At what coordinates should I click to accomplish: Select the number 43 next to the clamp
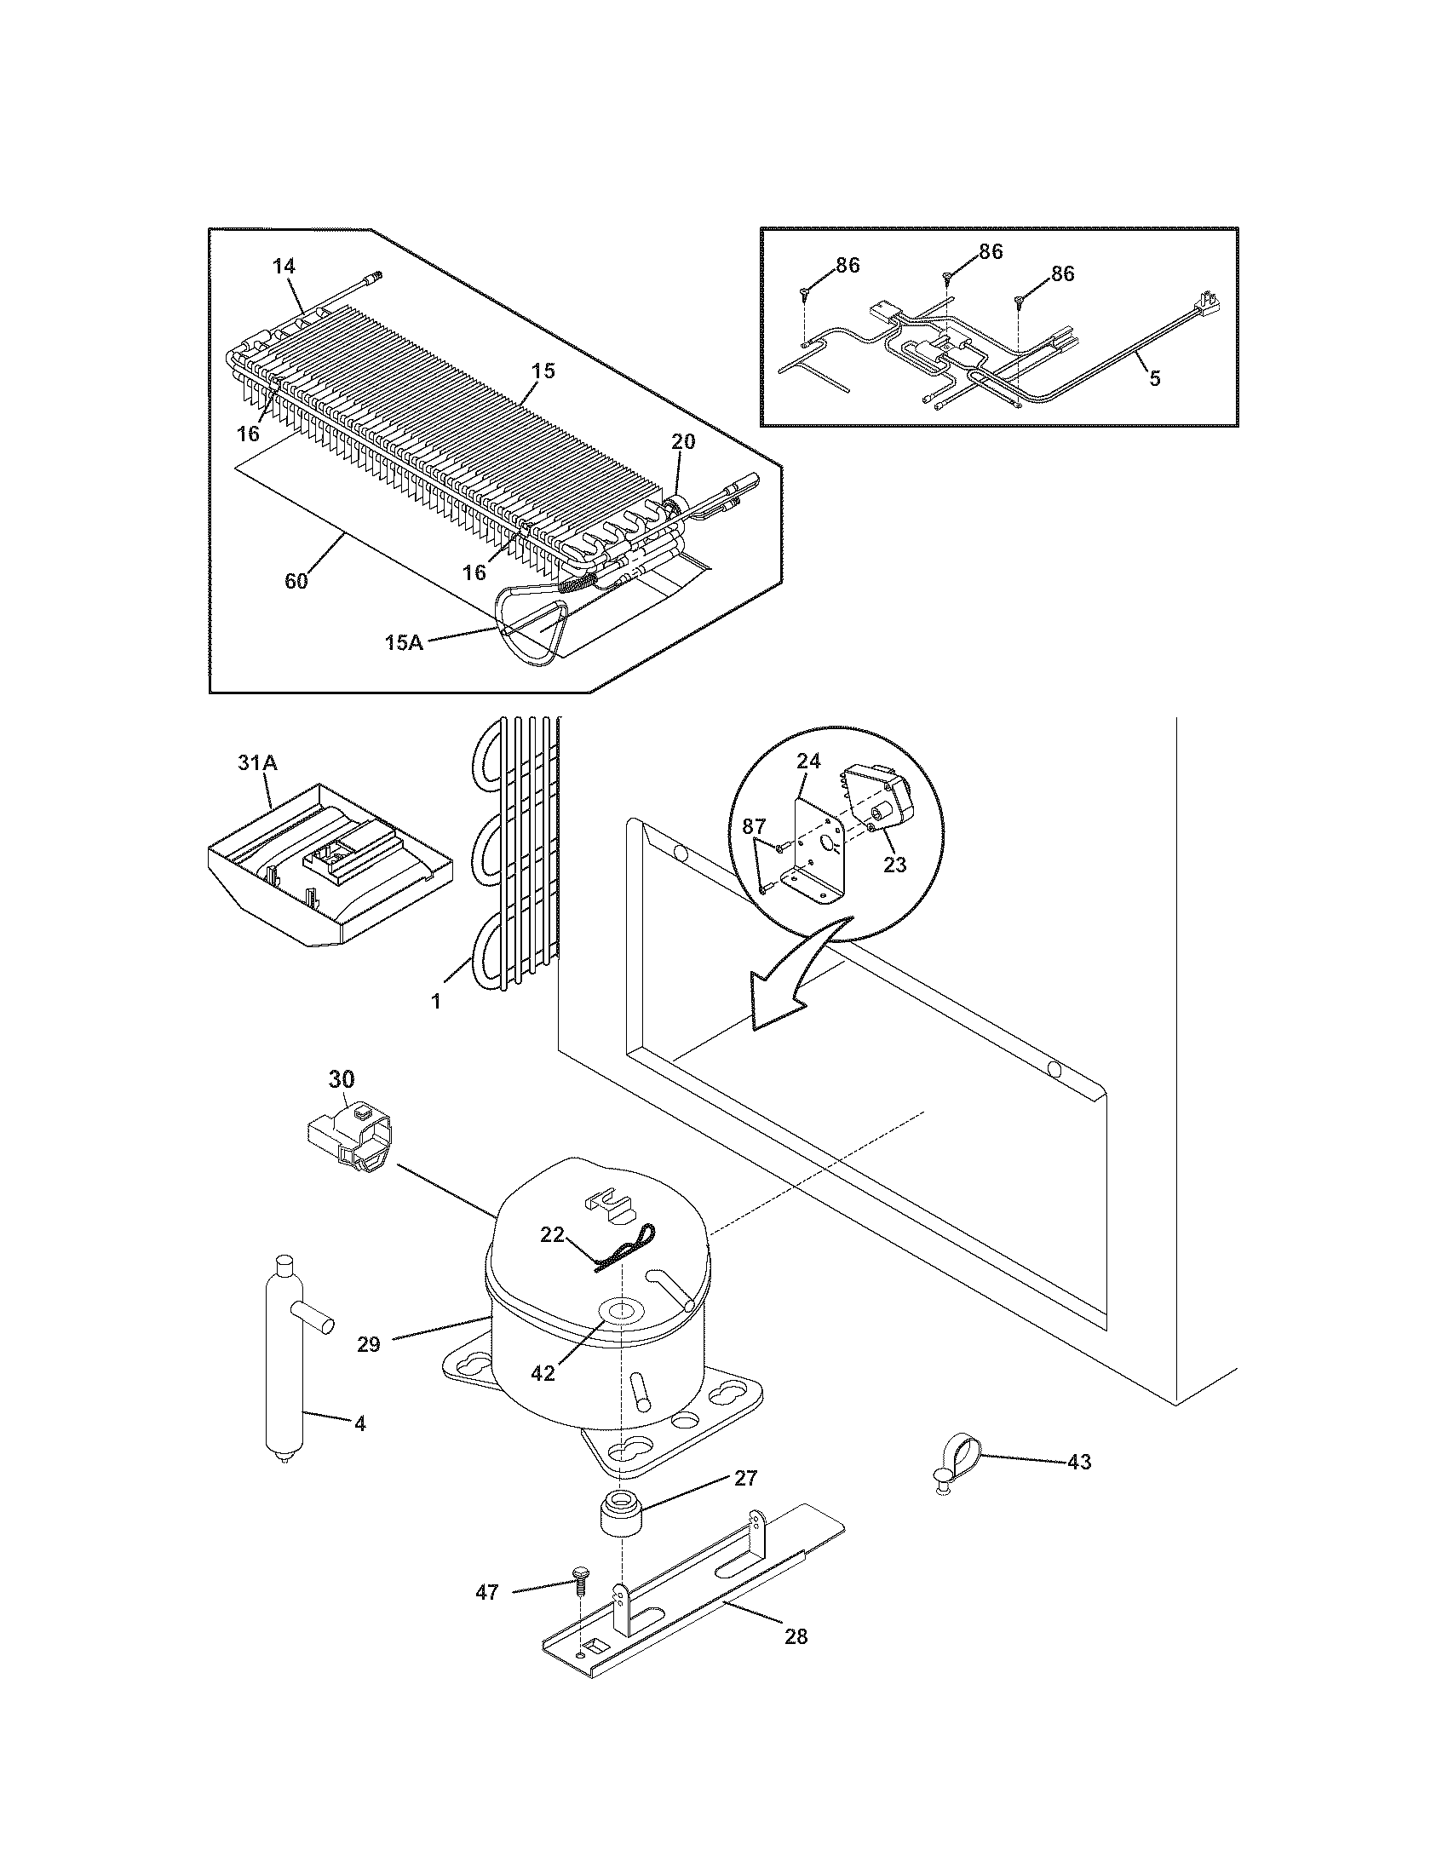click(x=1078, y=1461)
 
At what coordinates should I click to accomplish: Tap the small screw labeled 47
click(x=579, y=1573)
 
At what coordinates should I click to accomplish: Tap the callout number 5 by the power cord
click(x=1155, y=378)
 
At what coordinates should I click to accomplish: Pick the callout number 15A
click(x=403, y=641)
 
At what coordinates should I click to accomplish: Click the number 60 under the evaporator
click(x=296, y=581)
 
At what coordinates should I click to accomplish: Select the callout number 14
click(x=284, y=267)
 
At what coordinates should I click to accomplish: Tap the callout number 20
click(x=684, y=442)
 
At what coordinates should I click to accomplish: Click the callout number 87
click(x=753, y=826)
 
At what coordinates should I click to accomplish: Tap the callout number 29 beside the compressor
click(x=369, y=1343)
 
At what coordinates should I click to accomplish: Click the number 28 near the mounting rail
click(x=796, y=1636)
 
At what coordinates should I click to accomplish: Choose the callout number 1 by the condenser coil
click(x=436, y=1001)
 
